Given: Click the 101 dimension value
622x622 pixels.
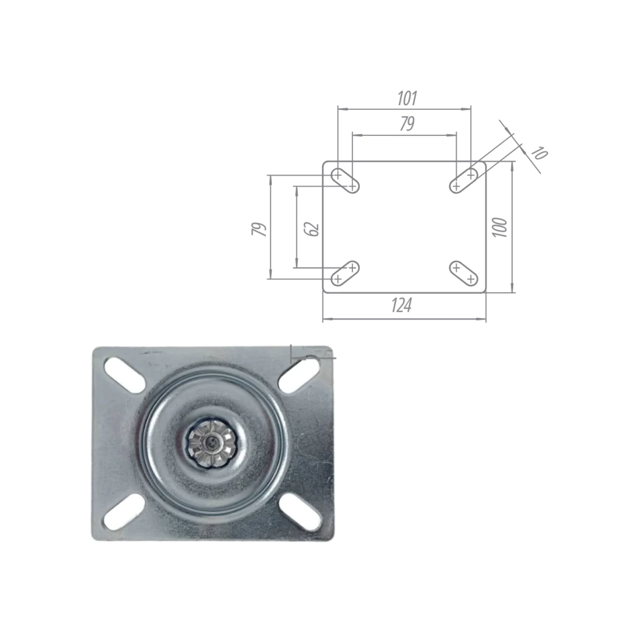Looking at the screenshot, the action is (x=407, y=98).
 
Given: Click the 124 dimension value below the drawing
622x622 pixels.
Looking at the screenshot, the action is (x=402, y=306).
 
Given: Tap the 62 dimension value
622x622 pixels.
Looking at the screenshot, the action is (x=313, y=229).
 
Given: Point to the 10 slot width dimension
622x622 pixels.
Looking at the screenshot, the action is (x=539, y=152).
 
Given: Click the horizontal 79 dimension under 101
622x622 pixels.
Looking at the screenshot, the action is (x=407, y=124).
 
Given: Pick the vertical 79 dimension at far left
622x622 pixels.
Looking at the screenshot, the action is (x=259, y=229).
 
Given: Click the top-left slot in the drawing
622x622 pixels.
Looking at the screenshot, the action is (x=345, y=180).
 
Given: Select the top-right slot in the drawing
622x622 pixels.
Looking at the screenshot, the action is (x=463, y=180).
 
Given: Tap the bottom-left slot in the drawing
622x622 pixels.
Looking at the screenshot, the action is (x=345, y=273).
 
